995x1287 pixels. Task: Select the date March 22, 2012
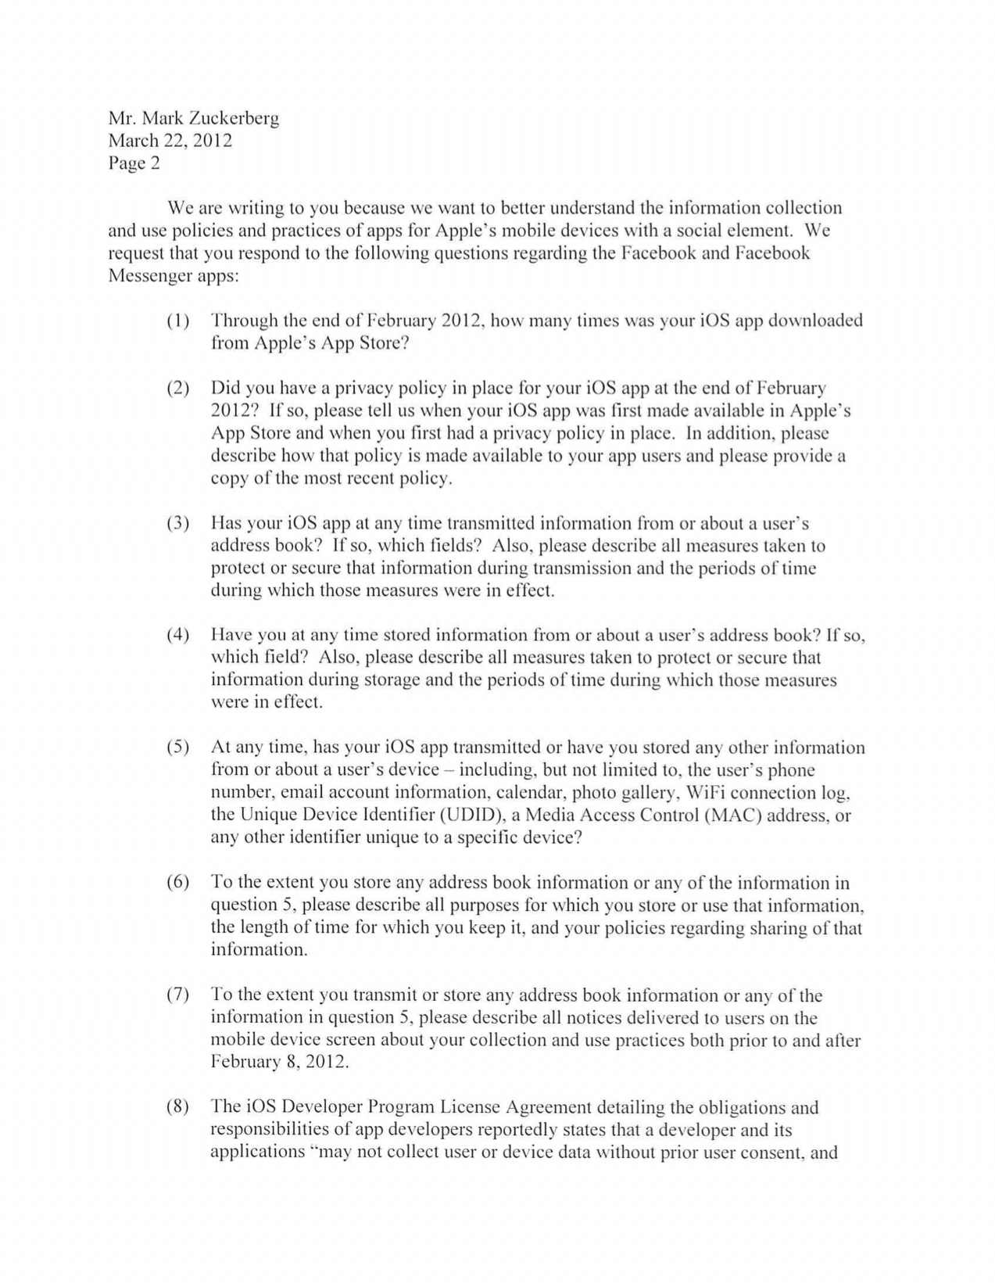coord(170,141)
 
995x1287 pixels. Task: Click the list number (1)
coord(178,321)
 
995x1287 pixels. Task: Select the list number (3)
coord(178,523)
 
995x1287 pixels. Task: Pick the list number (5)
coord(178,747)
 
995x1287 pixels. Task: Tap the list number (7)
coord(178,995)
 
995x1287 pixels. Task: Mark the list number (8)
coord(178,1107)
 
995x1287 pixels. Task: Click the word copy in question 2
coord(229,479)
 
